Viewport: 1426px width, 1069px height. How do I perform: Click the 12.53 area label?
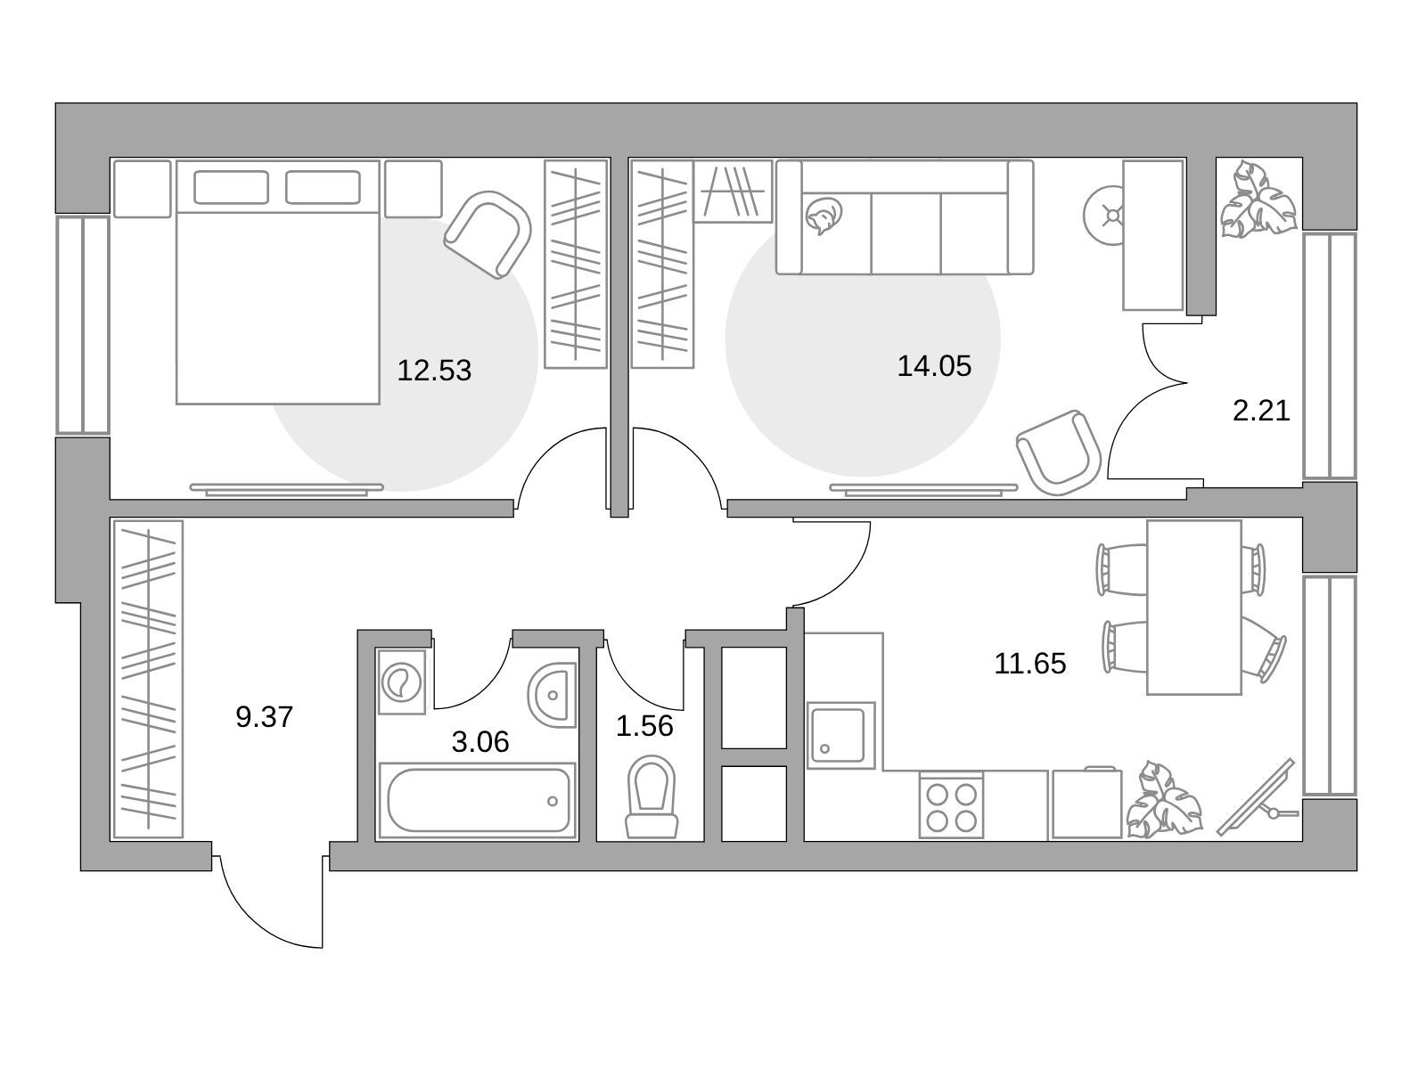tap(434, 371)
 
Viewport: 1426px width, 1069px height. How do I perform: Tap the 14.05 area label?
tap(933, 366)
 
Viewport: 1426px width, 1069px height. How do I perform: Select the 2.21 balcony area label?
tap(1261, 411)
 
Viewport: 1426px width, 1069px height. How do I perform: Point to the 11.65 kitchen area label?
tap(1029, 664)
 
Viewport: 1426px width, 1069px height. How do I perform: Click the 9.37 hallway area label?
tap(265, 717)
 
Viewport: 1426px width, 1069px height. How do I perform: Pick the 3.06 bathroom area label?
tap(480, 742)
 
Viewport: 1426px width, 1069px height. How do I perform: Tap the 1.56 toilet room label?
tap(644, 726)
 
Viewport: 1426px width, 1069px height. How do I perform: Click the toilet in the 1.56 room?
tap(652, 797)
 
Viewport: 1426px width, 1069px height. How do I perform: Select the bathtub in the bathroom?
tap(478, 800)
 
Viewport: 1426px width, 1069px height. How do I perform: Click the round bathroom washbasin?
tap(553, 695)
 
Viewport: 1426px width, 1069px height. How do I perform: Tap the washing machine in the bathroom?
tap(401, 682)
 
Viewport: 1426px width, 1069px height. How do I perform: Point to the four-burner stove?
tap(951, 804)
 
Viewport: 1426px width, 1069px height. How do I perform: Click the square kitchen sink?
tap(840, 736)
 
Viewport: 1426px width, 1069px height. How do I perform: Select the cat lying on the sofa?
tap(824, 216)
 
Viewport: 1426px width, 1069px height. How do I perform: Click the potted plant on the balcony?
tap(1258, 200)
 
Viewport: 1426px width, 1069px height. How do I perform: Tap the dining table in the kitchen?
tap(1194, 608)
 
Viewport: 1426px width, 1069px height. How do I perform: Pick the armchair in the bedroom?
tap(488, 234)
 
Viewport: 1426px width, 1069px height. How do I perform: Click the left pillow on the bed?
tap(231, 188)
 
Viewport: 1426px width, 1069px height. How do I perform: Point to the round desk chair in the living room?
tap(1103, 216)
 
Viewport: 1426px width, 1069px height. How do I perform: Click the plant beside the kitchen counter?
tap(1164, 800)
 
